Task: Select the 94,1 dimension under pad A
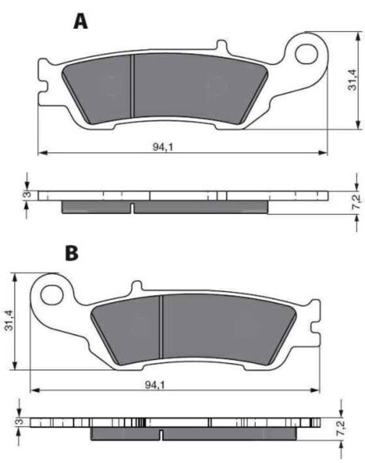click(163, 147)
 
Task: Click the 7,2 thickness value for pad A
click(357, 203)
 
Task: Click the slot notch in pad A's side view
click(133, 208)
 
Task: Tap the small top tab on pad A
click(220, 46)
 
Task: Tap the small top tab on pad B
click(137, 286)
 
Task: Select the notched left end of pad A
click(42, 81)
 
